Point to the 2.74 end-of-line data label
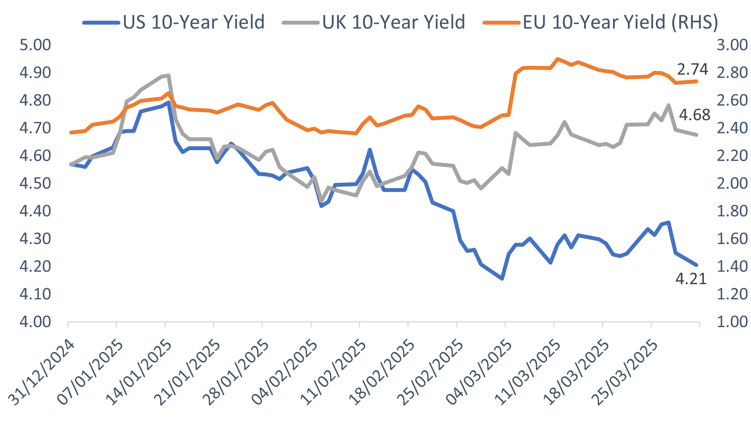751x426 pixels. (x=692, y=70)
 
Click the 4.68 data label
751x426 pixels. (x=694, y=115)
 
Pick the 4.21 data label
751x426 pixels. (x=691, y=279)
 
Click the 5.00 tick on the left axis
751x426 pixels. (x=35, y=45)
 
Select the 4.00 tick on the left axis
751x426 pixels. (x=35, y=322)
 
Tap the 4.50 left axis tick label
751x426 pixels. (x=35, y=183)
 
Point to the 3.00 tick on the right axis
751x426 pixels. (x=732, y=45)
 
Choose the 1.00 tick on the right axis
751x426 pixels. (x=732, y=322)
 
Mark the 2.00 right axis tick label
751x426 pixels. (x=732, y=183)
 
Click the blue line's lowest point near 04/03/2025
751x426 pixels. (x=502, y=279)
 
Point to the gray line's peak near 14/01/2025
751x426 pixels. (x=168, y=75)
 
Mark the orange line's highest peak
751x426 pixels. (x=557, y=59)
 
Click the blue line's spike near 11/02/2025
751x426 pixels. (x=370, y=150)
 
